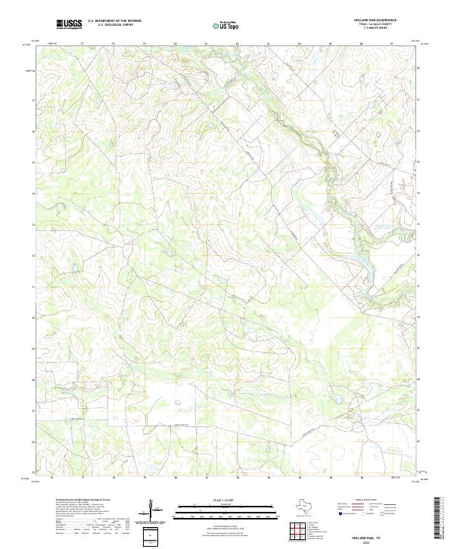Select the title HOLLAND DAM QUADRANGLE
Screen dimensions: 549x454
point(374,20)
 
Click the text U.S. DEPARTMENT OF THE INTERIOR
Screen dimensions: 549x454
point(114,21)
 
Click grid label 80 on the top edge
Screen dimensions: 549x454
point(176,44)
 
